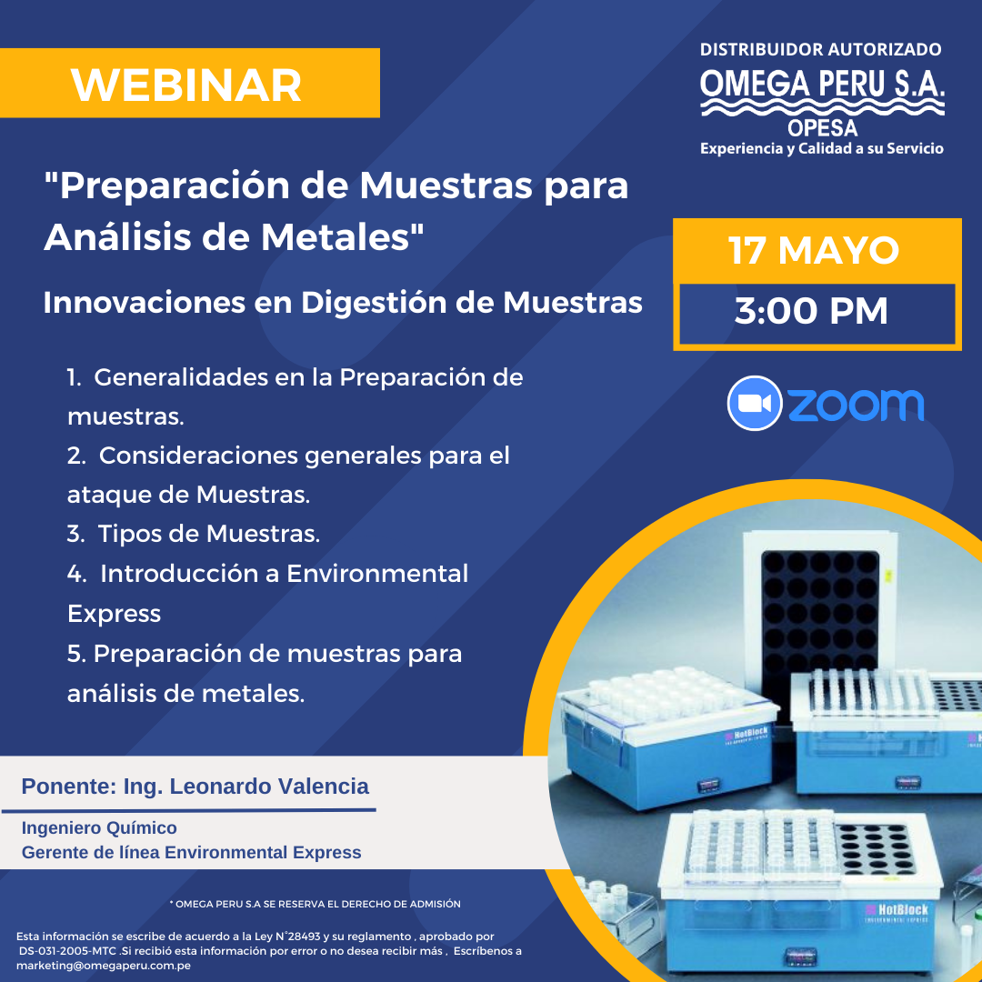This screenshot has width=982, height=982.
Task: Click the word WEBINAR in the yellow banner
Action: pos(186,85)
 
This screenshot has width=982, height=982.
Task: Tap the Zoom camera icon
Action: pos(755,403)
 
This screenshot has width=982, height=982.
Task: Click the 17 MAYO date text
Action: pos(814,251)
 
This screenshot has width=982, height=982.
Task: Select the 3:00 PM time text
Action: pos(811,311)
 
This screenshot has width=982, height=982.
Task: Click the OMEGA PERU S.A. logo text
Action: pos(822,84)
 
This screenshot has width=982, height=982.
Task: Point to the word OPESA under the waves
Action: pos(822,128)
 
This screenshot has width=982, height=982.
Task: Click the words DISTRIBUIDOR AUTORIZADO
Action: pos(820,49)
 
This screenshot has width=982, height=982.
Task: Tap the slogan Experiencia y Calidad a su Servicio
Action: pos(822,149)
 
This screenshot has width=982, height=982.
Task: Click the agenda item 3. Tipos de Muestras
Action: pos(194,534)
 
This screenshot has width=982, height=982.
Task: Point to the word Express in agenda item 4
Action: pos(114,614)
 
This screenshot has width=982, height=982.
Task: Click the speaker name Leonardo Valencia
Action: pos(269,786)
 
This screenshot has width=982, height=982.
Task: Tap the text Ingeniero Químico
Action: pos(99,828)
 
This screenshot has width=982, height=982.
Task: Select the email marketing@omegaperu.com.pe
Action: pos(104,965)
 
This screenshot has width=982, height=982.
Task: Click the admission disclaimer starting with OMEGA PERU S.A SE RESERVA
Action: pos(315,905)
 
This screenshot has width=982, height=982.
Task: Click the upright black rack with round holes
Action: pos(820,616)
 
